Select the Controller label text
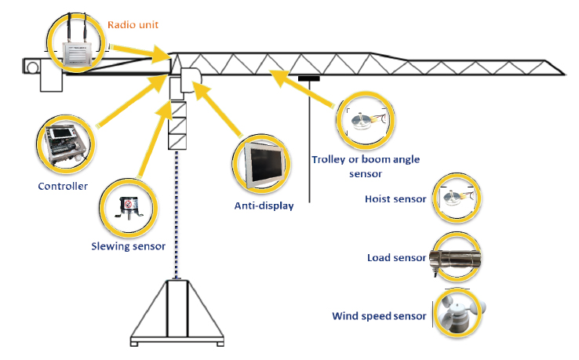tap(63, 186)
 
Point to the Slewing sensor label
tap(127, 246)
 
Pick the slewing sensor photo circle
tap(127, 207)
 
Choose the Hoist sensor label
tap(395, 199)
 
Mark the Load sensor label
tap(396, 258)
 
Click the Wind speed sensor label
tap(379, 316)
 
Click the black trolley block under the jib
tap(309, 78)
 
